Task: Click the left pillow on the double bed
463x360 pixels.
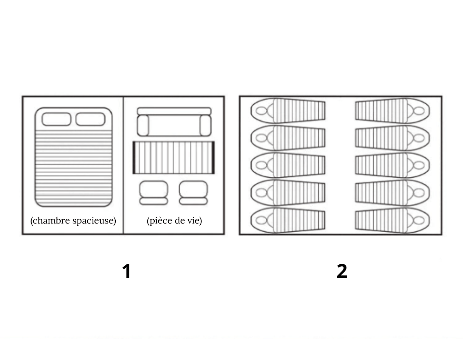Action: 56,119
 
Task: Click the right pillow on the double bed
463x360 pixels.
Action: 90,119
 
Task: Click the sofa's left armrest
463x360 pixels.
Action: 143,125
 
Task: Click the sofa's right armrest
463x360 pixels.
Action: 206,125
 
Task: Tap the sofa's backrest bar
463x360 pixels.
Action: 174,111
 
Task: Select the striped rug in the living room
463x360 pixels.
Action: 174,158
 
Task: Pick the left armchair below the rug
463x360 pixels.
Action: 154,193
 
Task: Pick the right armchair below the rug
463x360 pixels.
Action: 193,193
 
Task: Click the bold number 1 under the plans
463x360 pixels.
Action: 127,271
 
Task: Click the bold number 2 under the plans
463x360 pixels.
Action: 342,271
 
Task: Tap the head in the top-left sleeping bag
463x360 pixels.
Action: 262,111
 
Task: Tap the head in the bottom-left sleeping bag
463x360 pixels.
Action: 262,220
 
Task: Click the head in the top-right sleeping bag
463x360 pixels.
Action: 419,111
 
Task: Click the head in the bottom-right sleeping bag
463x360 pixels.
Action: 419,220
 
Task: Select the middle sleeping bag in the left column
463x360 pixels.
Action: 288,165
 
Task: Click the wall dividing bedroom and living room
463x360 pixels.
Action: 123,165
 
